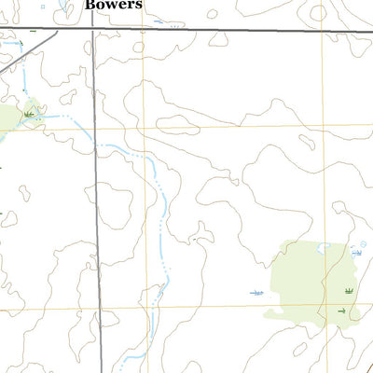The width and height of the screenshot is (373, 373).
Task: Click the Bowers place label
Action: [x=114, y=5]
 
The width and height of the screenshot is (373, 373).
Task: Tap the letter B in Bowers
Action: [x=90, y=5]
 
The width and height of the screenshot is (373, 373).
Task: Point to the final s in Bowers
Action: [x=139, y=5]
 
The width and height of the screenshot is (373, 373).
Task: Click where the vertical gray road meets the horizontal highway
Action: [x=92, y=29]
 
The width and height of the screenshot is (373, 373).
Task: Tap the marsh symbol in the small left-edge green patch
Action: [x=30, y=113]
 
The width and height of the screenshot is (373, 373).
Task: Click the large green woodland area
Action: [x=308, y=280]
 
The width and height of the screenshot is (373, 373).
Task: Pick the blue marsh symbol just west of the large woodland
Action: [x=256, y=293]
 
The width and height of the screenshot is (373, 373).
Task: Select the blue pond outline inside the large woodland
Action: [x=324, y=247]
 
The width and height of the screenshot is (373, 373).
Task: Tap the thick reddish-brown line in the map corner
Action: [x=366, y=366]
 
